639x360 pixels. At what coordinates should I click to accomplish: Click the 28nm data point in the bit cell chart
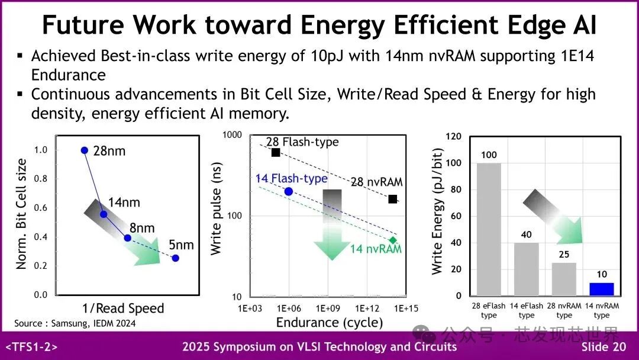click(85, 150)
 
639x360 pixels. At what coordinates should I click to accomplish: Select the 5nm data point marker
click(175, 258)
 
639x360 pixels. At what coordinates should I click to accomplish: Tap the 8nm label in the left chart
click(142, 228)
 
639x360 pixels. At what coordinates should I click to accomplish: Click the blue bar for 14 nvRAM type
click(601, 289)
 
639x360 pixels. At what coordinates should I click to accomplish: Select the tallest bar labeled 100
click(489, 229)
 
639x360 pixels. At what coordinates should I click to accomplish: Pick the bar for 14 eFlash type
click(526, 269)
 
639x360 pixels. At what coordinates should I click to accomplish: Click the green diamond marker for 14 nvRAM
click(393, 240)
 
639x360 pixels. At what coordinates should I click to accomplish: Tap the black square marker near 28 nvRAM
click(393, 199)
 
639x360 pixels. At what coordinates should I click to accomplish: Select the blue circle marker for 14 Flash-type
click(289, 191)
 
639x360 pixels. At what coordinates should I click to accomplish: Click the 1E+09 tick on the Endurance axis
click(328, 308)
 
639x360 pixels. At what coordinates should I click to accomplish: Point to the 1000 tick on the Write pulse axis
click(232, 136)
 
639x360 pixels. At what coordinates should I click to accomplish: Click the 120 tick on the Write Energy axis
click(453, 137)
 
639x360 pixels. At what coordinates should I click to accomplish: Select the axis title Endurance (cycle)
click(329, 323)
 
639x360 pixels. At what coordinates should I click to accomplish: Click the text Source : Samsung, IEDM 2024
click(75, 323)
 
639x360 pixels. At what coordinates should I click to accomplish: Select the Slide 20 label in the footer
click(603, 347)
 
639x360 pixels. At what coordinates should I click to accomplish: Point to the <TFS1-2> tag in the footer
click(31, 347)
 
